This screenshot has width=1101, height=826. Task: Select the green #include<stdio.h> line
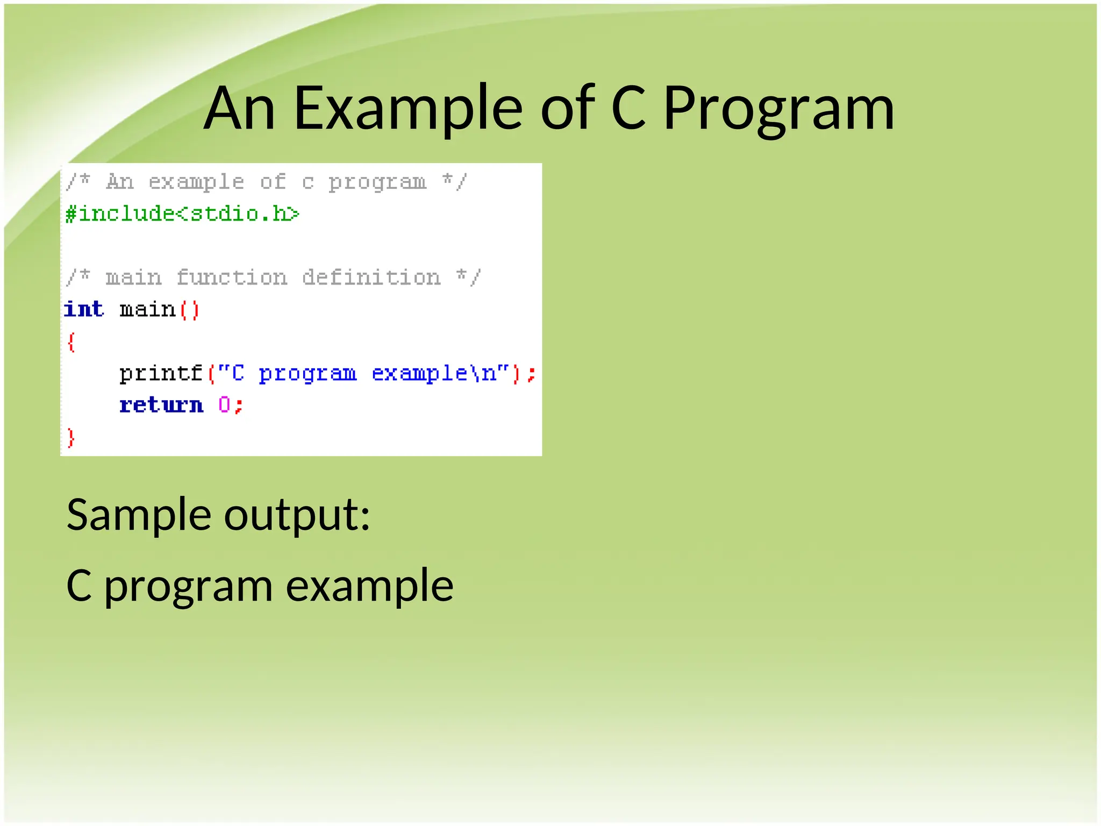click(182, 214)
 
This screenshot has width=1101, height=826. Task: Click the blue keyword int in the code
click(84, 309)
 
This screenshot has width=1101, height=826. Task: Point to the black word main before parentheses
click(147, 310)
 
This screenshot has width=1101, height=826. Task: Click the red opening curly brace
click(71, 342)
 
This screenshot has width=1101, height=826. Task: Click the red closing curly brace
click(71, 437)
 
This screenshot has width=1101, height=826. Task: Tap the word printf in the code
click(160, 373)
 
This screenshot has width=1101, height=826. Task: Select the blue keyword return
click(161, 405)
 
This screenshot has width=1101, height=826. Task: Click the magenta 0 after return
click(224, 404)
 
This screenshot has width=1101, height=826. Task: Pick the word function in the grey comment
click(232, 278)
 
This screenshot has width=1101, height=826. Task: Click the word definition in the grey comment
click(371, 278)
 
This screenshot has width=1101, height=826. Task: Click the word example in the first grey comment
click(196, 182)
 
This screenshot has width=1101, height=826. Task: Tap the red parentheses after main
click(189, 310)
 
